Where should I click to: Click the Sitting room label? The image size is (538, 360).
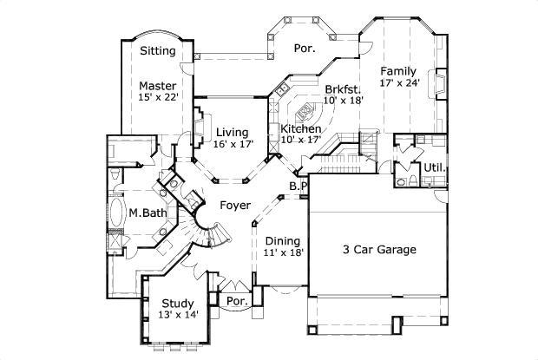pyautogui.click(x=158, y=51)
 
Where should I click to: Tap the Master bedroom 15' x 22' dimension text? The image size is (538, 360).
pyautogui.click(x=157, y=98)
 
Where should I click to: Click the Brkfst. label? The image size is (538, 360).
pyautogui.click(x=344, y=88)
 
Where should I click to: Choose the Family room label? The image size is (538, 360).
pyautogui.click(x=398, y=71)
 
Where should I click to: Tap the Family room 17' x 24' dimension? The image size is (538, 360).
pyautogui.click(x=399, y=83)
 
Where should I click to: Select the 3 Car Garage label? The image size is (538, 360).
pyautogui.click(x=378, y=250)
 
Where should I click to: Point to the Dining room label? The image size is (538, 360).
pyautogui.click(x=282, y=241)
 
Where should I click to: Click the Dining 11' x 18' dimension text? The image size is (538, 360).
pyautogui.click(x=283, y=253)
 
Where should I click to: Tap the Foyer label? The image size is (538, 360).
pyautogui.click(x=235, y=206)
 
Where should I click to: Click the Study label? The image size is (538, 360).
pyautogui.click(x=177, y=303)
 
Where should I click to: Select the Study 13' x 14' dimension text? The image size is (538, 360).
pyautogui.click(x=179, y=315)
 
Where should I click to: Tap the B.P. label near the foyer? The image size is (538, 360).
pyautogui.click(x=298, y=186)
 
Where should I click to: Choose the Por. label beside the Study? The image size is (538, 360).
pyautogui.click(x=235, y=301)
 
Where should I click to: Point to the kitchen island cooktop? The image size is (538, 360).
pyautogui.click(x=305, y=112)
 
